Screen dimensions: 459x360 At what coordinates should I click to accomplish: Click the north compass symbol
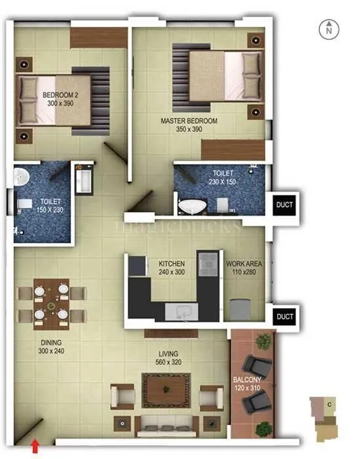point(329,29)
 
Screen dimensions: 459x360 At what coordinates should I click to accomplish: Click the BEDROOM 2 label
point(60,96)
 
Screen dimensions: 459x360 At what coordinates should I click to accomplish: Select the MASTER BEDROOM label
point(189,121)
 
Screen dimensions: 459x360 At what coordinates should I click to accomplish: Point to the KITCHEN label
point(172,264)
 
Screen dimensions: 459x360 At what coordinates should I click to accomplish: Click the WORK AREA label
point(244,264)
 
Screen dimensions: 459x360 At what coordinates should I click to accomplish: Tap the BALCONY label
point(247,380)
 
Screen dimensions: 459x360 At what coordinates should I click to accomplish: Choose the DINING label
point(50,343)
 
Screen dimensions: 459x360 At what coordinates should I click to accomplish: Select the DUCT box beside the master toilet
point(285,204)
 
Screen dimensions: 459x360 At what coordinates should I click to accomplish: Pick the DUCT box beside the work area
point(285,317)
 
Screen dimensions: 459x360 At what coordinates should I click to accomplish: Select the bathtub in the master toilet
point(194,206)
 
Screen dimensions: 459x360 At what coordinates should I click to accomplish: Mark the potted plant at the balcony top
point(264,340)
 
